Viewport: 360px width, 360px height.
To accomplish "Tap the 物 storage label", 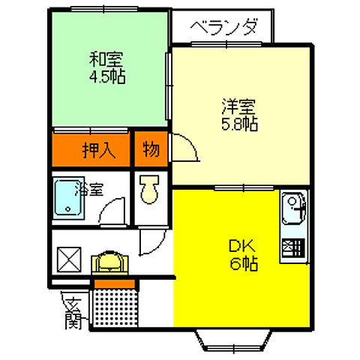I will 151,150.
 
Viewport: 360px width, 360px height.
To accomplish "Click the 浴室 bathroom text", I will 91,191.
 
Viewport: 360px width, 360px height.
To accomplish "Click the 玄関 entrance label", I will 73,313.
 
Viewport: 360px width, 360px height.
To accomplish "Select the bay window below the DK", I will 235,341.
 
